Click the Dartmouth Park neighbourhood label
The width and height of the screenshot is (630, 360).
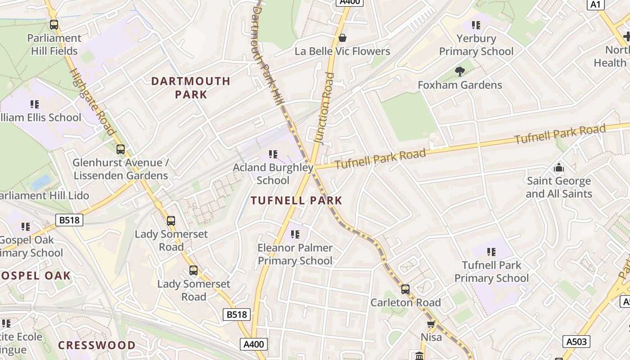point(191,88)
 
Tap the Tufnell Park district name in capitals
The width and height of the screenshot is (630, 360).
point(297,201)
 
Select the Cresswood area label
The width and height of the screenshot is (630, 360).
point(97,345)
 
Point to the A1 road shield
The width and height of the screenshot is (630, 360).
point(595,4)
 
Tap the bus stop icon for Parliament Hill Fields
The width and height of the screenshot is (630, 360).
point(54,25)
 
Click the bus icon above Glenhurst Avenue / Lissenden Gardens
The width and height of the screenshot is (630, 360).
point(121,149)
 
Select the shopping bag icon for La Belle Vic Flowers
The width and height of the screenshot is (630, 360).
point(342,38)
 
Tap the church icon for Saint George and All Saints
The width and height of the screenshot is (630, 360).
point(559,168)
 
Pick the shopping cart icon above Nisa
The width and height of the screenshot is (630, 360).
point(431,324)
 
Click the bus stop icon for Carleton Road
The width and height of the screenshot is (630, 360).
point(405,289)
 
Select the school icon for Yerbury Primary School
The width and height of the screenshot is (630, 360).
point(476,25)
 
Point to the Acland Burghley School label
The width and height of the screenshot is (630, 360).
point(273,174)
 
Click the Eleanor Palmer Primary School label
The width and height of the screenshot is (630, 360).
point(295,254)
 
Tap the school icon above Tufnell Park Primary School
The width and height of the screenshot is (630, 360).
point(491,252)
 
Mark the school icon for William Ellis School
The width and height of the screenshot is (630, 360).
point(35,104)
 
